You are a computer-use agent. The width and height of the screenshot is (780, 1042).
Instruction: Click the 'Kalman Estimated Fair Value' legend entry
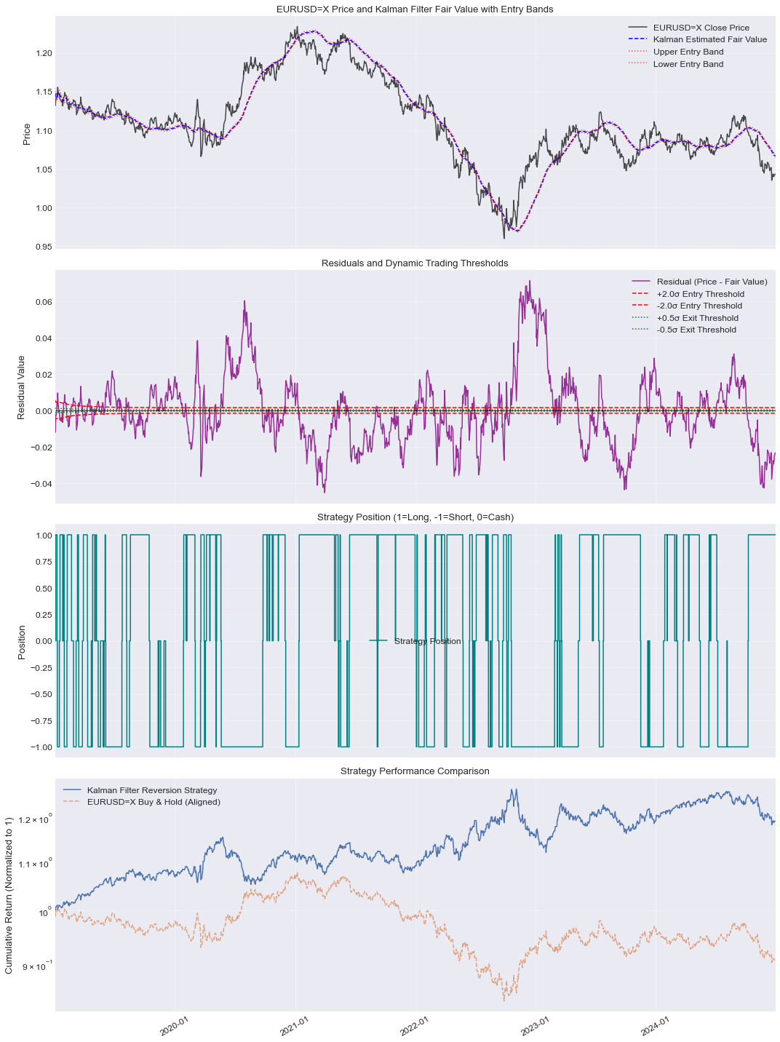tap(709, 39)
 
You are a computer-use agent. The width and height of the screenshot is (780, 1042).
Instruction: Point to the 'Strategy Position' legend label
tap(428, 641)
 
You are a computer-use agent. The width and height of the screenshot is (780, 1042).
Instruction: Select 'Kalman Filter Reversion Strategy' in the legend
tap(152, 790)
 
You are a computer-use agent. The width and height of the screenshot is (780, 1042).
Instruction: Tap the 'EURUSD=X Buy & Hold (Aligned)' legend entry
tap(154, 802)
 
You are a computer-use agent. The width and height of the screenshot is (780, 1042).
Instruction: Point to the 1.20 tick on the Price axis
tap(44, 54)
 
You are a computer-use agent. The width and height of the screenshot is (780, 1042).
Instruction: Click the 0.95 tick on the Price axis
tap(44, 247)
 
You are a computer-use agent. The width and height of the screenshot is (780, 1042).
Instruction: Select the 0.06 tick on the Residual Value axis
tap(44, 303)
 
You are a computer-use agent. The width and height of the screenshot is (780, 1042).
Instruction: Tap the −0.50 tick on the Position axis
tap(41, 694)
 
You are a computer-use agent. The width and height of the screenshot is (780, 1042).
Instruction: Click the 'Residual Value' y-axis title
tap(21, 387)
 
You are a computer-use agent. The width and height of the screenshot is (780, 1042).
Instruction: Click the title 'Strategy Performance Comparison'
tap(415, 771)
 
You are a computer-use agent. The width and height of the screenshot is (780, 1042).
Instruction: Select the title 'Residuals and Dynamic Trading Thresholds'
tap(415, 263)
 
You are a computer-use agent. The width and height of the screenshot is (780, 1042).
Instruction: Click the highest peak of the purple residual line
tap(530, 281)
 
